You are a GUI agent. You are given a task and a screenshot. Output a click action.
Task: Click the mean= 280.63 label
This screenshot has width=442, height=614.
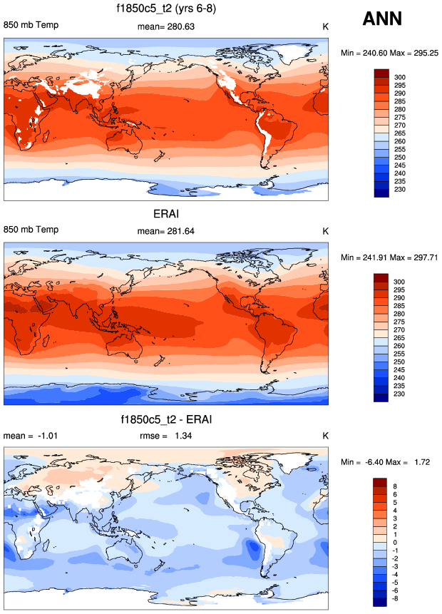[x=166, y=27]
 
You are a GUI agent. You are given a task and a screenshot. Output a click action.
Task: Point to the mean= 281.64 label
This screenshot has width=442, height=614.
[x=166, y=232]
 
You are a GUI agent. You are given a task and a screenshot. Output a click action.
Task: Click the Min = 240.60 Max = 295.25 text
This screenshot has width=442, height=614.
[x=391, y=53]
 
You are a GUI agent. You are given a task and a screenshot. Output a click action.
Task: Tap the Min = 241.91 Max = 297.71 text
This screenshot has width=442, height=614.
[x=391, y=257]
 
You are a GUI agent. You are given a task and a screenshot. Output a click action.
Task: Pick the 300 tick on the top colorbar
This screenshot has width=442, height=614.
[x=400, y=76]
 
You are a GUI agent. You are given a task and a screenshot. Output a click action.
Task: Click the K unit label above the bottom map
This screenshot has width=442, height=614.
[x=325, y=436]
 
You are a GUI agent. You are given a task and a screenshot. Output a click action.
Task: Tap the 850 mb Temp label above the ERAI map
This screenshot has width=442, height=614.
[x=31, y=230]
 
